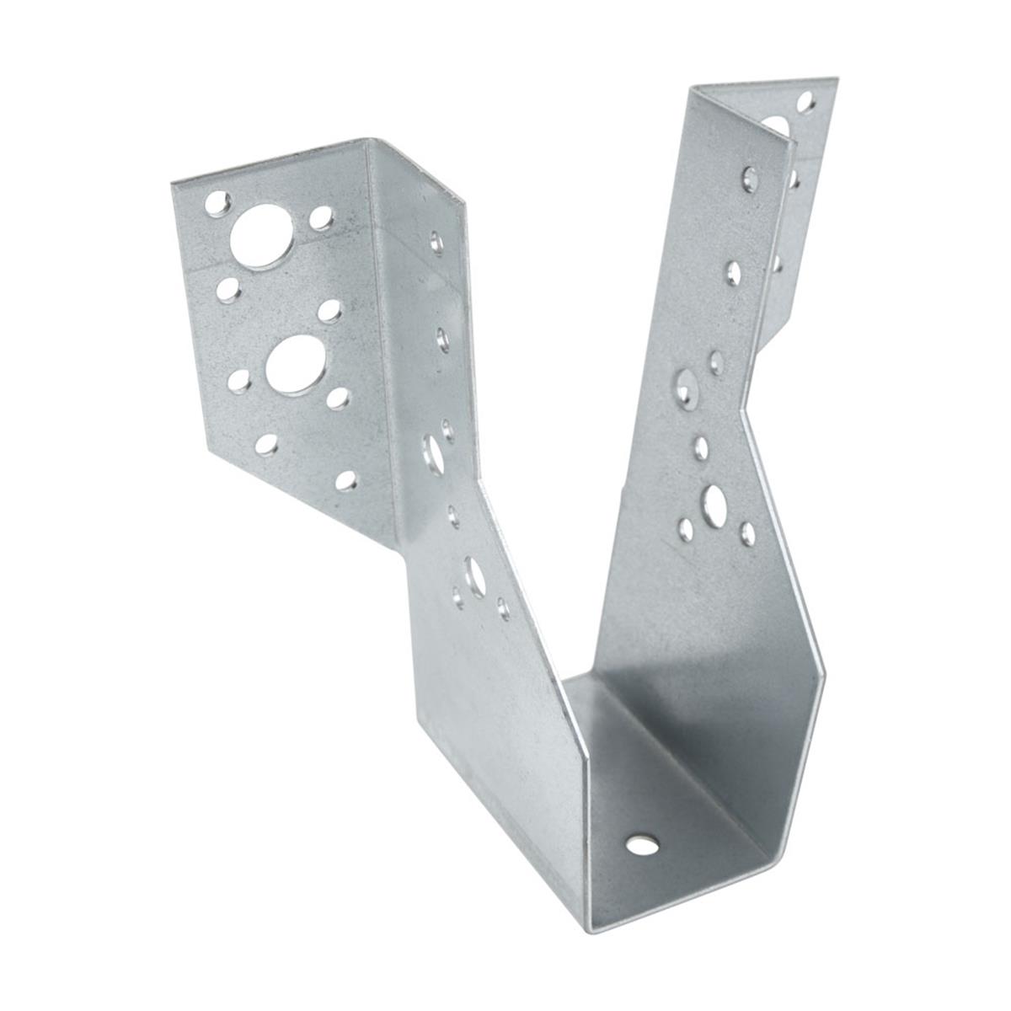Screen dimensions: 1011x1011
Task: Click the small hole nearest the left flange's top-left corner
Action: coord(217,202)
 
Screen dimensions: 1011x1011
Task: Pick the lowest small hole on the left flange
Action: coord(345,481)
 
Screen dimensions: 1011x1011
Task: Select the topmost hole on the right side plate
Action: coord(749,179)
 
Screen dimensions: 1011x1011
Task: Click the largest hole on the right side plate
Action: coord(715,503)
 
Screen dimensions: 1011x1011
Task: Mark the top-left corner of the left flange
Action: coord(172,183)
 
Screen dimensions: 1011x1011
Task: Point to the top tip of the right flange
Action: coord(837,78)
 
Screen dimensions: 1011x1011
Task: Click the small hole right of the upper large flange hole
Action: coord(320,218)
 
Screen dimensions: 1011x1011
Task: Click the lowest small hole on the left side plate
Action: coord(504,607)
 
